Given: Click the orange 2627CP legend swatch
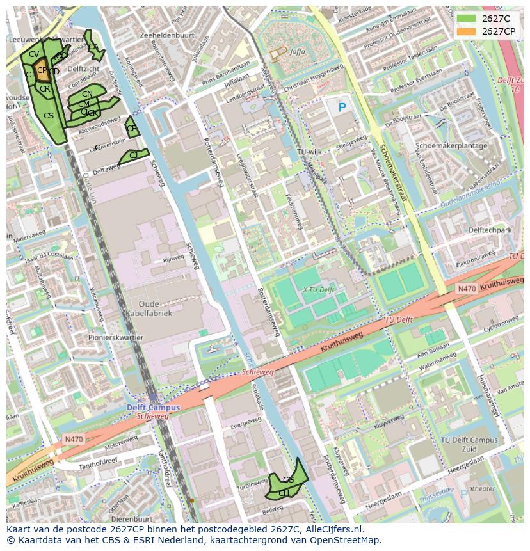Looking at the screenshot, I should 467,31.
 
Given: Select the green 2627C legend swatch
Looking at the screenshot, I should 467,19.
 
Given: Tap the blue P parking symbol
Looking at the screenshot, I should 342,108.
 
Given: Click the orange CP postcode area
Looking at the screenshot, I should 42,72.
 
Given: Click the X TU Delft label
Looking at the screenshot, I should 318,289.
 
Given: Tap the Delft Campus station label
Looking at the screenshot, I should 152,408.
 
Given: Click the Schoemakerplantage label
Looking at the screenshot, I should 451,145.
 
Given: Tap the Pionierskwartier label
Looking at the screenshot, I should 116,337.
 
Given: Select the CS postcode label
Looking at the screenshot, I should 49,116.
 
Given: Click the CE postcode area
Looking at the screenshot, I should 131,128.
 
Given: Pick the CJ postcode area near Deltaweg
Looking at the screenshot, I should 133,156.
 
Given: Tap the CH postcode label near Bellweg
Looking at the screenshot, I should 284,493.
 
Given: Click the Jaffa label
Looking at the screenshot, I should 298,52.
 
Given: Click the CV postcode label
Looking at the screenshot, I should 34,54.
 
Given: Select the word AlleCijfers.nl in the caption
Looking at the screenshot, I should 332,530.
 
